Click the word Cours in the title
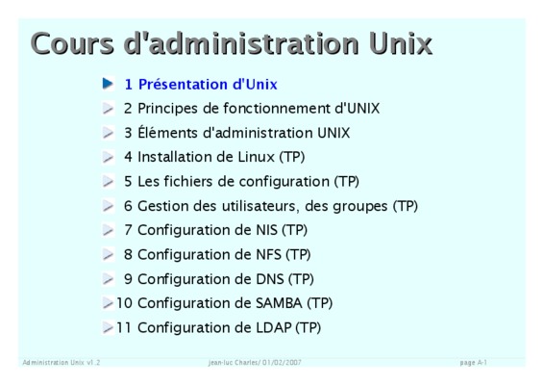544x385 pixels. (72, 43)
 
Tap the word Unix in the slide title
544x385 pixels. (401, 43)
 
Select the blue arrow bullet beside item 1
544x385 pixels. (108, 84)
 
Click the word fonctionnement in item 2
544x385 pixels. (277, 109)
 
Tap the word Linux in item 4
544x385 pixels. (256, 157)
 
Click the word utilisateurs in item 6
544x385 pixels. (259, 206)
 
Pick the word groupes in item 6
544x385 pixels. (360, 207)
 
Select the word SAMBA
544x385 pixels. (279, 303)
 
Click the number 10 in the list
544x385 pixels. (124, 303)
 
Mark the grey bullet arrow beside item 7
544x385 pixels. (108, 230)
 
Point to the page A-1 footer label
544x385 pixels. (473, 363)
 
